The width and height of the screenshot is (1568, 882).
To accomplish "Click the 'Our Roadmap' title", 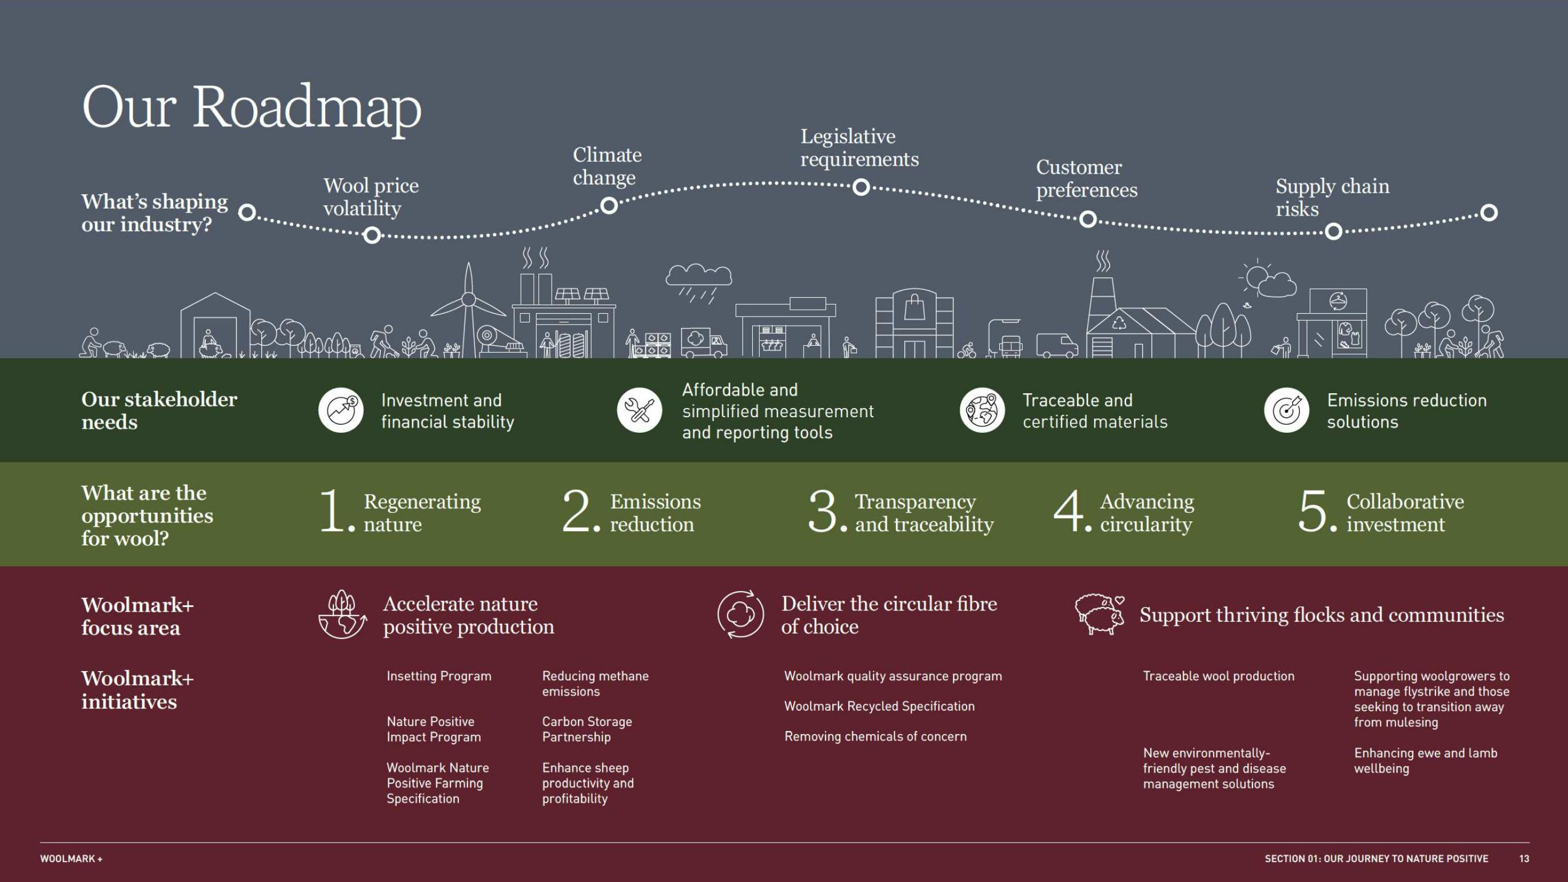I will tap(252, 107).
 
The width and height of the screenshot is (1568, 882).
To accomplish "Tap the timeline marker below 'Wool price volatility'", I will tap(372, 235).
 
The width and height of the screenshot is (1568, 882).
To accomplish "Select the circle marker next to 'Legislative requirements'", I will tap(861, 187).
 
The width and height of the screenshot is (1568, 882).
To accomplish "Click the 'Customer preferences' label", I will tap(1086, 178).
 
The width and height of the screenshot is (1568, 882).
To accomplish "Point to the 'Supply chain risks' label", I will tap(1332, 197).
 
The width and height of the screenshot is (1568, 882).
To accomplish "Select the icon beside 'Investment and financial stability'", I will tap(341, 410).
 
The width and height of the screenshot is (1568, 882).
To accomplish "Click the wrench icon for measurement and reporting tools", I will tap(639, 410).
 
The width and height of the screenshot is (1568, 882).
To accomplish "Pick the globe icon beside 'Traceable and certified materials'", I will tap(982, 410).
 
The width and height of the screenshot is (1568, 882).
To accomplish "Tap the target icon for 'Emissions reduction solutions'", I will tap(1286, 410).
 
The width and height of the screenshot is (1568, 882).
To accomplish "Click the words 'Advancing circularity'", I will tap(1146, 513).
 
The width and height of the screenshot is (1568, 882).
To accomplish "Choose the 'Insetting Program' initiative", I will tap(438, 676).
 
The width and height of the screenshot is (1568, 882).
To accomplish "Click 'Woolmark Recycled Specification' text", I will tap(879, 706).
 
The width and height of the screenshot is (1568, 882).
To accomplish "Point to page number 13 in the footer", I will tap(1523, 858).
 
